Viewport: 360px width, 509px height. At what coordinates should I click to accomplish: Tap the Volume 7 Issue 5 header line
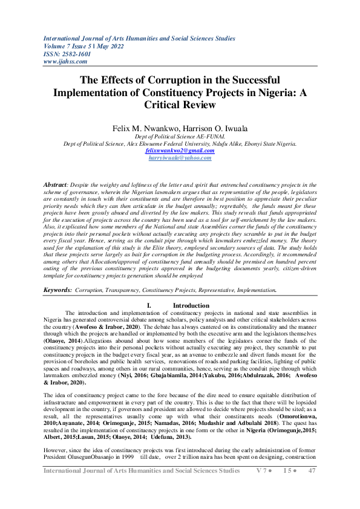point(91,45)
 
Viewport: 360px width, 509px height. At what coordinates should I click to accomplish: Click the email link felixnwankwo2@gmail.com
point(180,151)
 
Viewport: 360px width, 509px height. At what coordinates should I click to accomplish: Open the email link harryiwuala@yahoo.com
point(180,157)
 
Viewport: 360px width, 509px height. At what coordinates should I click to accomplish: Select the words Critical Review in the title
point(180,105)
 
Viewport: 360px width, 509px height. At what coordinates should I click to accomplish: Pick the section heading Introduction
point(191,305)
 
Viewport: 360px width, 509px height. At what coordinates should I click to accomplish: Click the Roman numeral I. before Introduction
point(149,305)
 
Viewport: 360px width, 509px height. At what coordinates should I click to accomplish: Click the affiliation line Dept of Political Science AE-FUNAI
point(180,137)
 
